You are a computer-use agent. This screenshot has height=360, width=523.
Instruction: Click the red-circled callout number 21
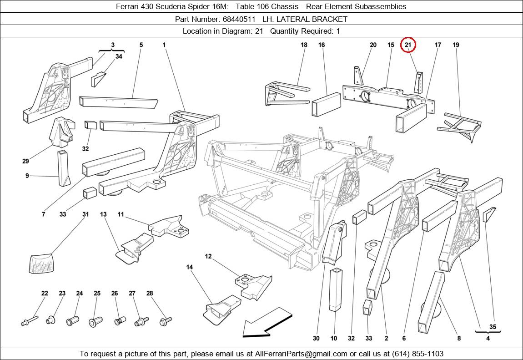(408, 45)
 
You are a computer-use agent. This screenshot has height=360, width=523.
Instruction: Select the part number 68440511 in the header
(239, 20)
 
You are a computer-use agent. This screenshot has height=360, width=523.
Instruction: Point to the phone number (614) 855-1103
(417, 354)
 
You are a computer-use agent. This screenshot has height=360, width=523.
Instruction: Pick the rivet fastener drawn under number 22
(30, 320)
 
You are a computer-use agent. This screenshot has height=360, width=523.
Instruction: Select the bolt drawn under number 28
(166, 321)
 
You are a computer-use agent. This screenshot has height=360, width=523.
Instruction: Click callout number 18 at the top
(304, 45)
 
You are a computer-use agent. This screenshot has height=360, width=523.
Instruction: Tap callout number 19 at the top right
(456, 45)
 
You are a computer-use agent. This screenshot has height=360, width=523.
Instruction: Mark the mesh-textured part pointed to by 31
(41, 263)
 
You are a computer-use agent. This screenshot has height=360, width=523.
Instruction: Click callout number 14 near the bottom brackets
(190, 267)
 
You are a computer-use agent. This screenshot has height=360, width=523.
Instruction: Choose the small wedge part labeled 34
(98, 79)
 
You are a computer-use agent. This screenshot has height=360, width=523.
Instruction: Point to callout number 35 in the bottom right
(493, 327)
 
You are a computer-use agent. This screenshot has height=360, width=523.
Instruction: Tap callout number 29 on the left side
(25, 161)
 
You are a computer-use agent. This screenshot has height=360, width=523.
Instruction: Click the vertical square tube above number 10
(336, 289)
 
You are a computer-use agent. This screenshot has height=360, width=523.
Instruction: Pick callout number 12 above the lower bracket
(208, 256)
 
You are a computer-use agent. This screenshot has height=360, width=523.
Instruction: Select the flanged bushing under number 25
(96, 322)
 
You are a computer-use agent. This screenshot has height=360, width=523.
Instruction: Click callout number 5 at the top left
(141, 45)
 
